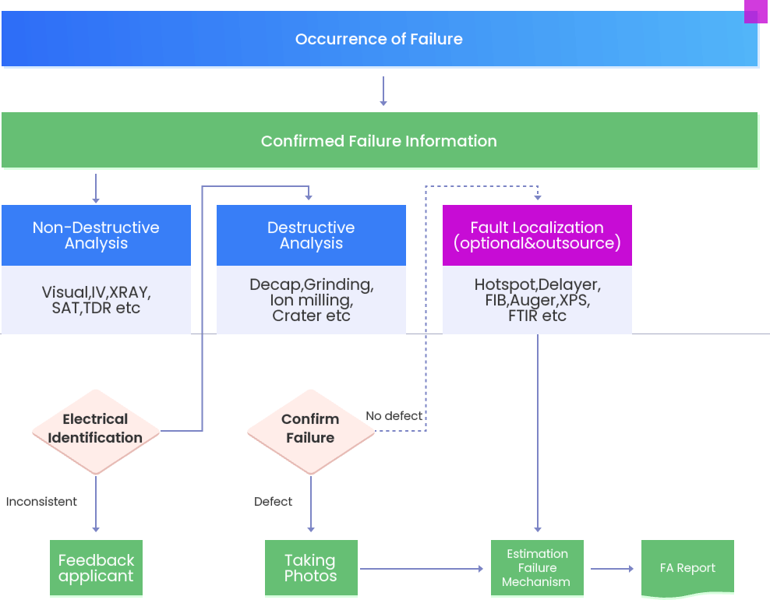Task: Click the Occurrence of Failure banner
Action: (380, 39)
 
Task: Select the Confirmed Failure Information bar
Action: (380, 141)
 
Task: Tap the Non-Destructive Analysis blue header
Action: (96, 235)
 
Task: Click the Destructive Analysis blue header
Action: (311, 235)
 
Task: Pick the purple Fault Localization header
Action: (537, 235)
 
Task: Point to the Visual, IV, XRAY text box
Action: (96, 300)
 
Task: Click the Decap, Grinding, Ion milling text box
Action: (311, 300)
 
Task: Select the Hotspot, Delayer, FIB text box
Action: (537, 300)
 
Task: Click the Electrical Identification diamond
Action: (96, 429)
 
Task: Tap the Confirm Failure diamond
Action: (310, 429)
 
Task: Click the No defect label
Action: (394, 416)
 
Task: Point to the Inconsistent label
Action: (41, 502)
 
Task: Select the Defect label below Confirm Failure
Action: (274, 502)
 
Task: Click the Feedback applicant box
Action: (96, 568)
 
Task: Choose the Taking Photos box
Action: (310, 568)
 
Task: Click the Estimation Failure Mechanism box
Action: (536, 568)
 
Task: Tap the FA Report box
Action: (687, 568)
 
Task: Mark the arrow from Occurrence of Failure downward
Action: (383, 91)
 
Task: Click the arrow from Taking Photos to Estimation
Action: (421, 569)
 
